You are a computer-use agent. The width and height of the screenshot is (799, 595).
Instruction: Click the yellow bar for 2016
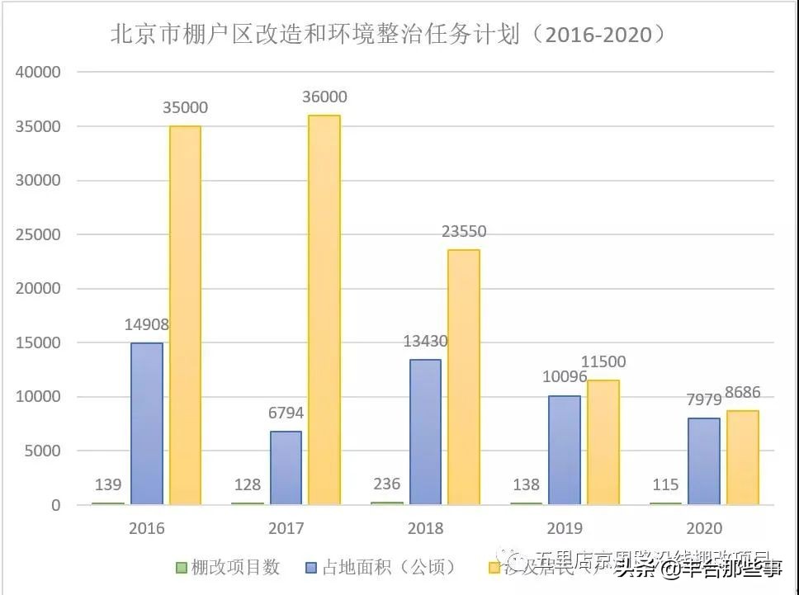[185, 314]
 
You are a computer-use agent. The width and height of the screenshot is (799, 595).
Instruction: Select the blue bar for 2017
[286, 467]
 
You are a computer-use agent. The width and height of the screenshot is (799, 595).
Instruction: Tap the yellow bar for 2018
[463, 376]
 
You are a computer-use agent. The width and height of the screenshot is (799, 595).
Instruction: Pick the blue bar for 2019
[565, 450]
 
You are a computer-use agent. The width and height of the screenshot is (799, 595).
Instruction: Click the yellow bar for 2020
[742, 457]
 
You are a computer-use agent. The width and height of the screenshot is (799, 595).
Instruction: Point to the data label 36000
[325, 97]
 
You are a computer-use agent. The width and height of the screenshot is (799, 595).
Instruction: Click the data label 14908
[148, 325]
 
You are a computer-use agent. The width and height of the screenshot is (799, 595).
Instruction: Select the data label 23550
[464, 232]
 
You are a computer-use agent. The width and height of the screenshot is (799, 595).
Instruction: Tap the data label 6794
[286, 413]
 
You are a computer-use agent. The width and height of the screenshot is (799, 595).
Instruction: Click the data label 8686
[744, 393]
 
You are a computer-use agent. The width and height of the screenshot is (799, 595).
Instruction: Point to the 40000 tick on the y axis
[39, 73]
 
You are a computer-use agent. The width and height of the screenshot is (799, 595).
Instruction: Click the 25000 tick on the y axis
[39, 235]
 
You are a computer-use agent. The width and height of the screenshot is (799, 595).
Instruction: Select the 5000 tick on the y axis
[43, 451]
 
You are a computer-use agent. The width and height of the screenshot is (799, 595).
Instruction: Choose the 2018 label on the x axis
[425, 529]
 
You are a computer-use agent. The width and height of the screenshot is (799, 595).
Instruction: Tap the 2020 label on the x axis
[704, 529]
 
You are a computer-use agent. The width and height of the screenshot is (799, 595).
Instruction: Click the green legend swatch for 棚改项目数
[181, 568]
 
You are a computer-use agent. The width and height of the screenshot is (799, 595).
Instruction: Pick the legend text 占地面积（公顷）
[388, 568]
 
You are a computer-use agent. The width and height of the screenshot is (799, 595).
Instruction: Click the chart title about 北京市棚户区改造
[388, 35]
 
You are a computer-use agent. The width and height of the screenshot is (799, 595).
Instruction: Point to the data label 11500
[603, 361]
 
